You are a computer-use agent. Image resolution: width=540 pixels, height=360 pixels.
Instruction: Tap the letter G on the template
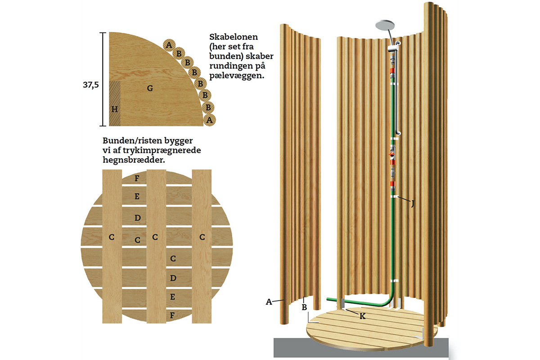point(150,88)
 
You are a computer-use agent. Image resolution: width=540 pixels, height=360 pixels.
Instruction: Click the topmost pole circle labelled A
point(169,45)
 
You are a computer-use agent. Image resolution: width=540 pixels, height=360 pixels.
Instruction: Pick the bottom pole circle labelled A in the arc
point(208,120)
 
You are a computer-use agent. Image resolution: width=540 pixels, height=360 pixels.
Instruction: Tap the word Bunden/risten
point(132,140)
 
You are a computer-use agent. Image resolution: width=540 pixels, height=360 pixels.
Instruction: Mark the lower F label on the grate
point(172,315)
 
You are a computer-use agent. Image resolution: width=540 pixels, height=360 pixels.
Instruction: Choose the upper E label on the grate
point(137,197)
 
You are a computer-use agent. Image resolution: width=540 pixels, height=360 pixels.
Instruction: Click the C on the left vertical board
point(111,237)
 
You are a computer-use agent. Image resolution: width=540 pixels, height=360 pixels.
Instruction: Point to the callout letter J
point(412,203)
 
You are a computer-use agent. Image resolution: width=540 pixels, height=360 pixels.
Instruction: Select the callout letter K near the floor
point(362,316)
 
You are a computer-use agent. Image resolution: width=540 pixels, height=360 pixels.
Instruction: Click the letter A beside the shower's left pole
point(269,302)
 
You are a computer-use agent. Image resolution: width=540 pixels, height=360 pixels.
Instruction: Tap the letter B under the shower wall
point(304,307)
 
